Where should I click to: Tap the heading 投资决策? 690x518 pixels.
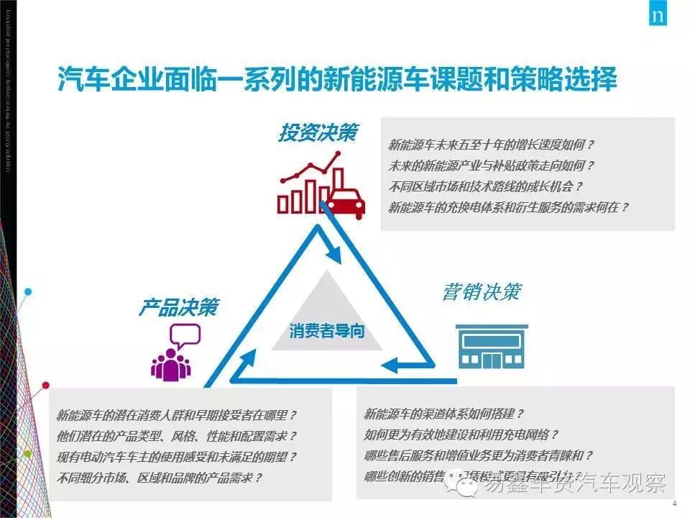pyautogui.click(x=318, y=134)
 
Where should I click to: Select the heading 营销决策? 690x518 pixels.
pyautogui.click(x=482, y=294)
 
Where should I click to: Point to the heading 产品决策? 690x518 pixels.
pyautogui.click(x=178, y=308)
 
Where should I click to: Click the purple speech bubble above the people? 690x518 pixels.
pyautogui.click(x=185, y=335)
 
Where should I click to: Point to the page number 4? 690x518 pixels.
pyautogui.click(x=673, y=503)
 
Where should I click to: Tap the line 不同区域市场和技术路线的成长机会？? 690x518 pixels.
pyautogui.click(x=486, y=186)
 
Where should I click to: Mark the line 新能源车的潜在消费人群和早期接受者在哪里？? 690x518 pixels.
pyautogui.click(x=177, y=416)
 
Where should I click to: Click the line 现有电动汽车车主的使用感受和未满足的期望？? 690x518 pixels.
pyautogui.click(x=177, y=457)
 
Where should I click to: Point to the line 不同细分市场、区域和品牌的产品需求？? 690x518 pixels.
pyautogui.click(x=160, y=477)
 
